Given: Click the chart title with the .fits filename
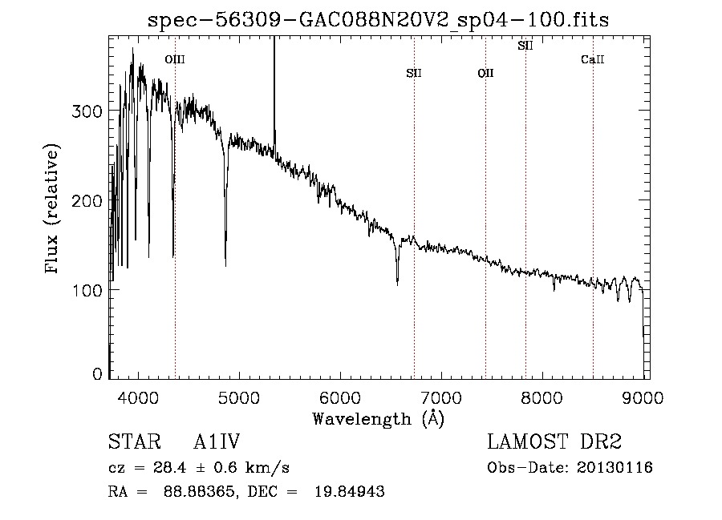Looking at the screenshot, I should (x=379, y=20).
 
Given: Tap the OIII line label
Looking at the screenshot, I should (x=174, y=59).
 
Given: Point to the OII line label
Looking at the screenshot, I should (x=485, y=74).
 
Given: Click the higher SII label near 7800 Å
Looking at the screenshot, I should (x=525, y=46).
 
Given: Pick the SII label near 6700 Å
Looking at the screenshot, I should (x=414, y=74).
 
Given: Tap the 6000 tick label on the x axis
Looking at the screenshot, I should (x=340, y=397).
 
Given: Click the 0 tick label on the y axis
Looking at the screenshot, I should (x=97, y=373).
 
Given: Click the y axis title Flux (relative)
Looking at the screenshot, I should (x=54, y=210).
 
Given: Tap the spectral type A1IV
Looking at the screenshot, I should (x=217, y=442).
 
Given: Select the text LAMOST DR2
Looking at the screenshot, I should (x=554, y=442).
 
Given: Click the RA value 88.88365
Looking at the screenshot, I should (x=189, y=492).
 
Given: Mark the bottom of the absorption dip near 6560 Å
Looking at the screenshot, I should (x=397, y=283).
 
